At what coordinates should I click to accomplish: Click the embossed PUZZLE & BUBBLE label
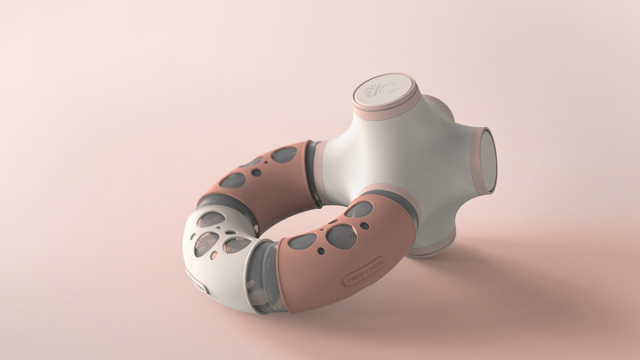click(x=364, y=271)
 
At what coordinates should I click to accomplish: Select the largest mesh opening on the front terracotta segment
click(x=341, y=236)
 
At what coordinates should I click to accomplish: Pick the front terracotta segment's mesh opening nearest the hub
click(x=359, y=210)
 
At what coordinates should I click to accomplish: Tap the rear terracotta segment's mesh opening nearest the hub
click(x=284, y=155)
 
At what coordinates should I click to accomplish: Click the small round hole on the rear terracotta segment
click(x=256, y=172)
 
